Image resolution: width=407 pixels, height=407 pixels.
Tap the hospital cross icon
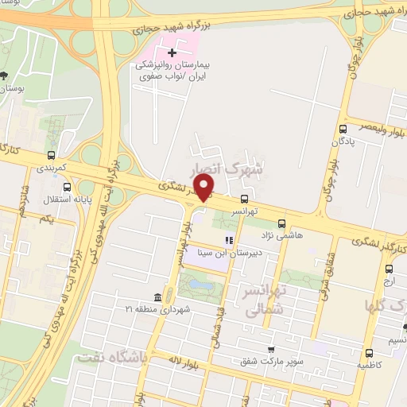click(172, 52)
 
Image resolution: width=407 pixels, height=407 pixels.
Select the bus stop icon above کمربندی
click(52, 156)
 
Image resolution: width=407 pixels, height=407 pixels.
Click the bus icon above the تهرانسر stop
click(243, 200)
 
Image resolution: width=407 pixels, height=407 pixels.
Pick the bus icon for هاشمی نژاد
click(282, 223)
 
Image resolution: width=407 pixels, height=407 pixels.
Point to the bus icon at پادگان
click(343, 129)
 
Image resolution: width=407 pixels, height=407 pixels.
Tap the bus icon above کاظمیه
click(368, 353)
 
